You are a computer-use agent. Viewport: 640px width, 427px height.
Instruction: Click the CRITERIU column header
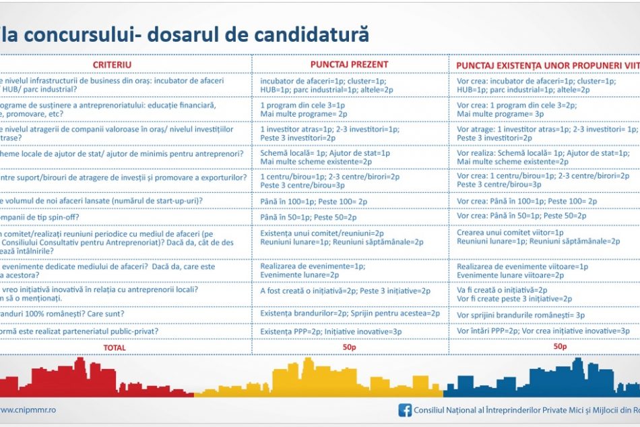pyautogui.click(x=112, y=65)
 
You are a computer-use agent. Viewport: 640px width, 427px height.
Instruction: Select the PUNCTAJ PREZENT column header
pyautogui.click(x=349, y=65)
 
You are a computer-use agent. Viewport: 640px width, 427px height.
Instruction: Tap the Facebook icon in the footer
pyautogui.click(x=406, y=409)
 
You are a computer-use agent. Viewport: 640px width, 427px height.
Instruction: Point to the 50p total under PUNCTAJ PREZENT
pyautogui.click(x=350, y=347)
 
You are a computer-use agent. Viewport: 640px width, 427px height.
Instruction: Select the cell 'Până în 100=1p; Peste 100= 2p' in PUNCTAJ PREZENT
pyautogui.click(x=314, y=201)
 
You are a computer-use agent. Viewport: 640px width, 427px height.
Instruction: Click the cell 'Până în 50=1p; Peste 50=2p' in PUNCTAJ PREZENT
pyautogui.click(x=309, y=217)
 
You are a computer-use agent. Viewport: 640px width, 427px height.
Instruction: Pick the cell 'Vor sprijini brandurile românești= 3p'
pyautogui.click(x=521, y=315)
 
